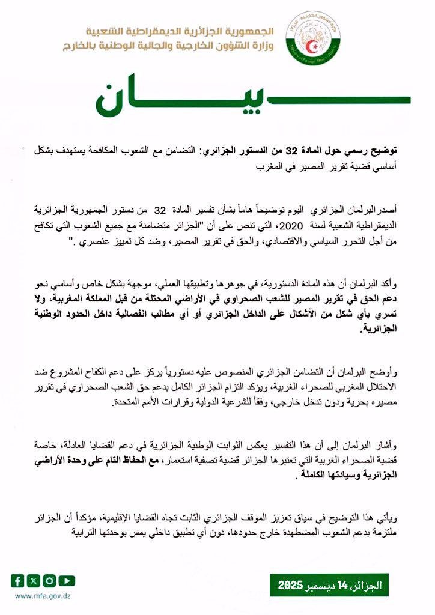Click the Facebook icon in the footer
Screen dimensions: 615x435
point(18,580)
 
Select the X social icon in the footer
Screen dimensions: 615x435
point(34,580)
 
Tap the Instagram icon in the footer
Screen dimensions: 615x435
point(49,580)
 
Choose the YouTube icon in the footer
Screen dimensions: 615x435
point(66,580)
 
